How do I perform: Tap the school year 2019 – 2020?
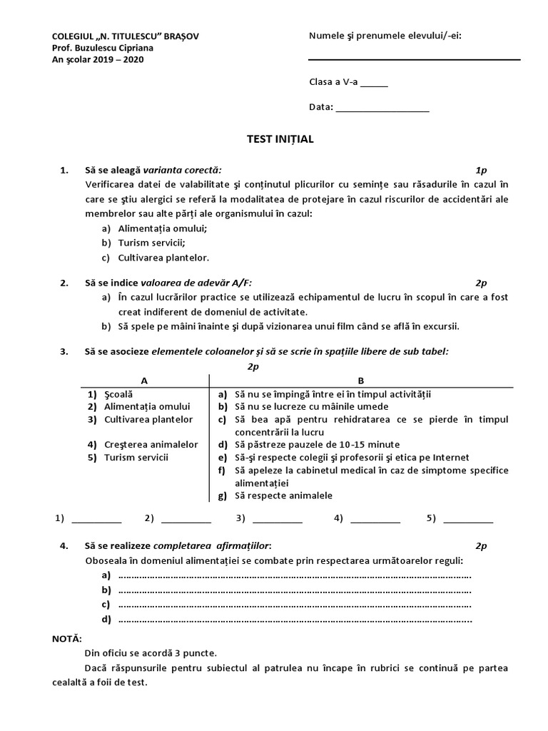[116, 59]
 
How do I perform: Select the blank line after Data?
[382, 110]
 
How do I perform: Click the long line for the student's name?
[414, 59]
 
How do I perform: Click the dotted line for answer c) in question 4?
[293, 605]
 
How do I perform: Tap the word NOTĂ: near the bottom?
[68, 637]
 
